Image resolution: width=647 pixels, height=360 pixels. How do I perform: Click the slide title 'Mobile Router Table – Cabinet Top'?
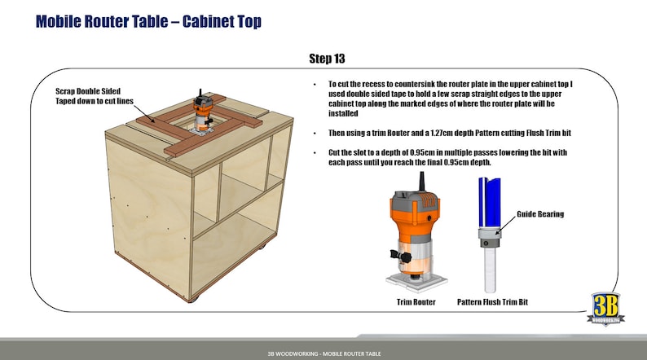coord(148,21)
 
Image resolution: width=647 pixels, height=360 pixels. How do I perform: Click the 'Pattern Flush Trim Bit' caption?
coord(492,302)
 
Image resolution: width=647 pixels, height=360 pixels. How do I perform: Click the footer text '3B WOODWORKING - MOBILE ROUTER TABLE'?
coord(323,354)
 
